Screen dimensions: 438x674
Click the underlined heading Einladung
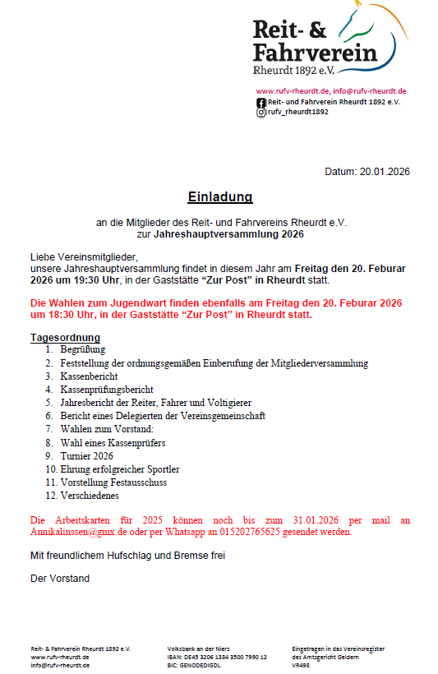click(219, 197)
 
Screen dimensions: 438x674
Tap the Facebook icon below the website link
click(261, 102)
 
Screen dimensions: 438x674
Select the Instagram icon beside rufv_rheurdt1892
click(261, 113)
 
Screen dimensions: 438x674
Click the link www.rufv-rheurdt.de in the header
click(293, 90)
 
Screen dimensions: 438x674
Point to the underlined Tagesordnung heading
click(65, 338)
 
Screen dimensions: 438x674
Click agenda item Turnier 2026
click(86, 456)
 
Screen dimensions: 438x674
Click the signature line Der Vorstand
click(60, 578)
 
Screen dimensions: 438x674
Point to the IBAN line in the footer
click(217, 657)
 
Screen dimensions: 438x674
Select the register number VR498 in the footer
click(302, 665)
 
